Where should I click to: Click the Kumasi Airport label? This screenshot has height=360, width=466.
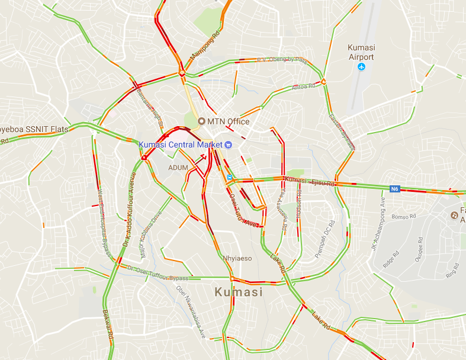point(361,52)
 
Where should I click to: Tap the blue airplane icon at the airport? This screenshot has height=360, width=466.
point(362,67)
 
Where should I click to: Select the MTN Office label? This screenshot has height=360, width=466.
point(228,121)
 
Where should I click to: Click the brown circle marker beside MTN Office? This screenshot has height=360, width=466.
point(201,121)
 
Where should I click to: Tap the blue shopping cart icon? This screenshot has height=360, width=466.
point(228,144)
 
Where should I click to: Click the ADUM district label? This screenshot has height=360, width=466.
point(178,168)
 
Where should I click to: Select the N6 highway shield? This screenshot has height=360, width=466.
point(395,189)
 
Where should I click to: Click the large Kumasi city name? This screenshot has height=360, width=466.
point(238,292)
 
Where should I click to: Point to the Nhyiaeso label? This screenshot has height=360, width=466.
point(237,258)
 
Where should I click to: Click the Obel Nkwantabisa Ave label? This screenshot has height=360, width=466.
point(191,311)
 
